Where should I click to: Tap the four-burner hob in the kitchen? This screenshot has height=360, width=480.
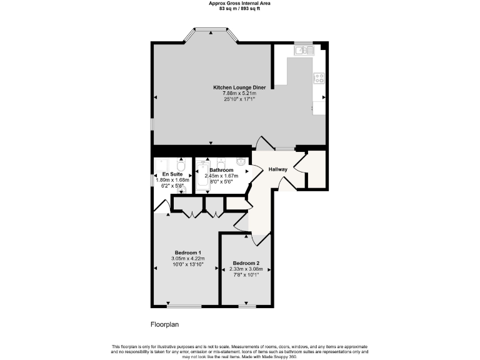click(x=319, y=79)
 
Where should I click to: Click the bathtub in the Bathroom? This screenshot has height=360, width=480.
click(x=203, y=176)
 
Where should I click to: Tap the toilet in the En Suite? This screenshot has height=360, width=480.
click(x=180, y=167)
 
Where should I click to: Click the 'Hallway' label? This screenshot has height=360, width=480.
click(x=277, y=169)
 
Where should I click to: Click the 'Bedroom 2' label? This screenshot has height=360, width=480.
click(x=246, y=263)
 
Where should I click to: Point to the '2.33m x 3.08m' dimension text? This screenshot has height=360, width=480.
click(x=246, y=269)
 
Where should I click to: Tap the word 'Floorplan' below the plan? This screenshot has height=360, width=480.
click(x=165, y=324)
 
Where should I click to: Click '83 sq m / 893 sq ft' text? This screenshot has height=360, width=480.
click(x=239, y=8)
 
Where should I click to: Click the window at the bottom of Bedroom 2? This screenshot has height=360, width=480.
click(x=247, y=306)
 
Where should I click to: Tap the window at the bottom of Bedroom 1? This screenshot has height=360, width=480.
click(x=184, y=306)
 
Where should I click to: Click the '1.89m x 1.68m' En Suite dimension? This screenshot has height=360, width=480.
click(x=172, y=180)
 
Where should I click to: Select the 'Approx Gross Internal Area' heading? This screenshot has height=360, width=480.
click(x=239, y=3)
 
